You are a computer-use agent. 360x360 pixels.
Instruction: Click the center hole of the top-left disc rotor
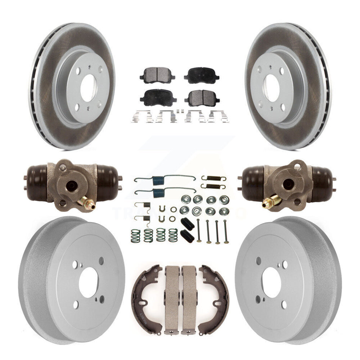click(x=88, y=88)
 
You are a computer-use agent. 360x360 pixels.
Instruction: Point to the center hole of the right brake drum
click(x=271, y=282)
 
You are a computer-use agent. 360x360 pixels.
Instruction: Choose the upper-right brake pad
click(x=202, y=75)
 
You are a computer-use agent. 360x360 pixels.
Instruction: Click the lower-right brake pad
click(x=202, y=97)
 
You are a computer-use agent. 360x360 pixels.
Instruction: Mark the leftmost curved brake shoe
click(x=146, y=297)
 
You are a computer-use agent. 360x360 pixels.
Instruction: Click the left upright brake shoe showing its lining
click(x=172, y=299)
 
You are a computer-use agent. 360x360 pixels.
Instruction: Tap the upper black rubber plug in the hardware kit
click(x=188, y=223)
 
